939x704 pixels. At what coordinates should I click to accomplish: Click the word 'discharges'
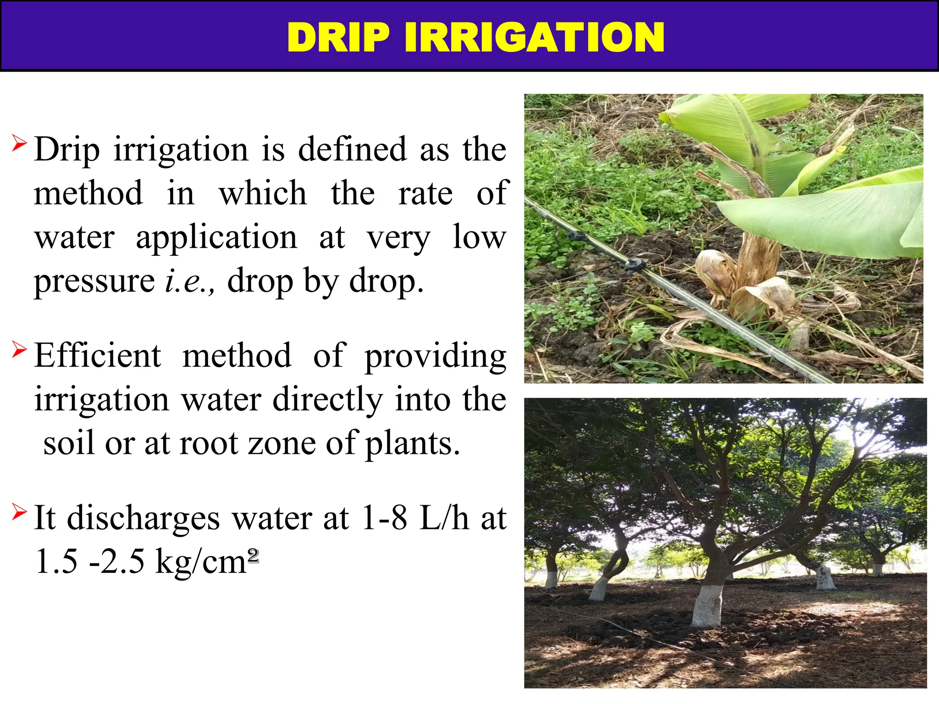(144, 519)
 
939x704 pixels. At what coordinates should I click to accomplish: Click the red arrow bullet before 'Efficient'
(19, 350)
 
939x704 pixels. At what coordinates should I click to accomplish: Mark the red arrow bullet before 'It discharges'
(19, 511)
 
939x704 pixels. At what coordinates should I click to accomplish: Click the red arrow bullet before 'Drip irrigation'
(19, 143)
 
